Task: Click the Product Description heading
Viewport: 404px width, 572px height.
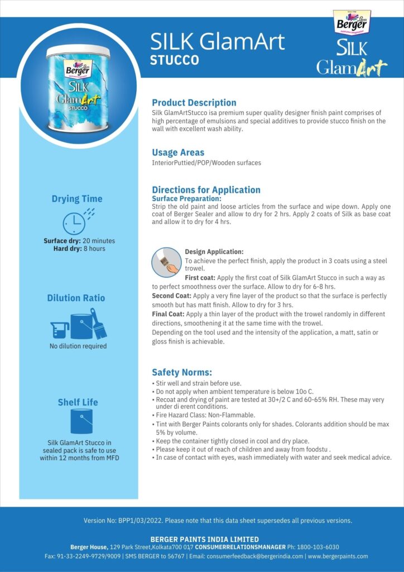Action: coord(194,103)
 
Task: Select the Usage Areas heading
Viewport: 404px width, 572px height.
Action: coord(178,152)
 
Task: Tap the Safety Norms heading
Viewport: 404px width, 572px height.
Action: coord(182,373)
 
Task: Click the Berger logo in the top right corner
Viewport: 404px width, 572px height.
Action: coord(349,23)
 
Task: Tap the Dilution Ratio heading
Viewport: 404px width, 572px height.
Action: coord(76,298)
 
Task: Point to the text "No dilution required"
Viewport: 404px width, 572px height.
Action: coord(77,346)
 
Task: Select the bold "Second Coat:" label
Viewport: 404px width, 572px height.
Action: coord(168,295)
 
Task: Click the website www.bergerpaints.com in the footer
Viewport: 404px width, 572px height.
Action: coord(338,556)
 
